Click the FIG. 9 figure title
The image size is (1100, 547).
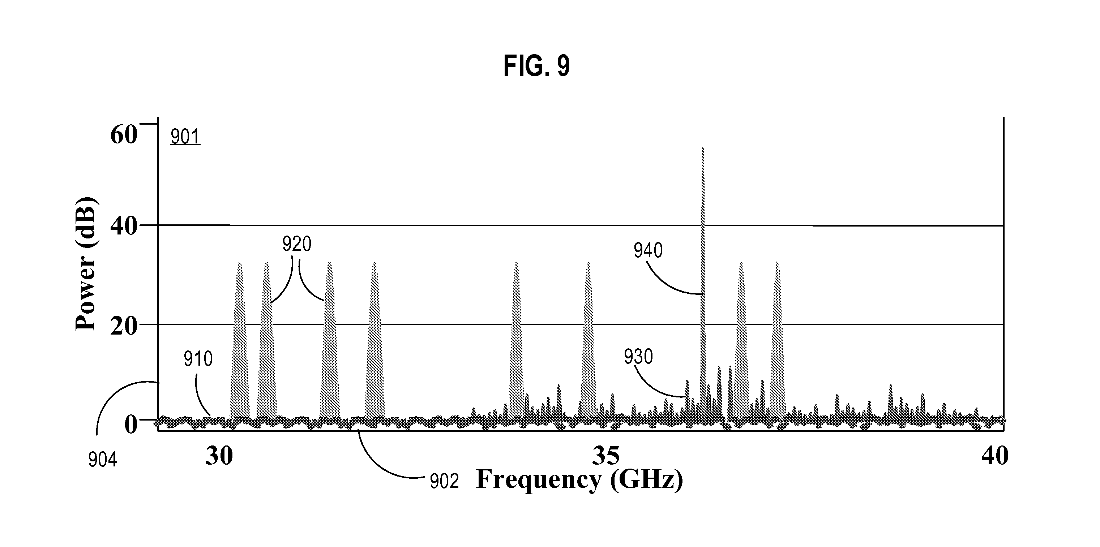pyautogui.click(x=536, y=66)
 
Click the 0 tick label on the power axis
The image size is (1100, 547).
pyautogui.click(x=130, y=424)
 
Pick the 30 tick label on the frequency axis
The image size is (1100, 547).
pyautogui.click(x=219, y=456)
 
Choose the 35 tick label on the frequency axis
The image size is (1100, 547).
pyautogui.click(x=606, y=456)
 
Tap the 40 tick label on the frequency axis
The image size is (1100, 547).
pyautogui.click(x=995, y=456)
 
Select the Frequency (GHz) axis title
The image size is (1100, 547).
pyautogui.click(x=579, y=479)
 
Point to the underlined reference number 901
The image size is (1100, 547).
pyautogui.click(x=185, y=137)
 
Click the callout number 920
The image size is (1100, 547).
pyautogui.click(x=297, y=245)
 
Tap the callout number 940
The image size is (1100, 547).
pyautogui.click(x=648, y=250)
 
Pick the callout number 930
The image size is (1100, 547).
pyautogui.click(x=638, y=357)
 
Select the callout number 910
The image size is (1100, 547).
pyautogui.click(x=198, y=359)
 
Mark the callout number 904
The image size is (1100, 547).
pyautogui.click(x=103, y=460)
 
